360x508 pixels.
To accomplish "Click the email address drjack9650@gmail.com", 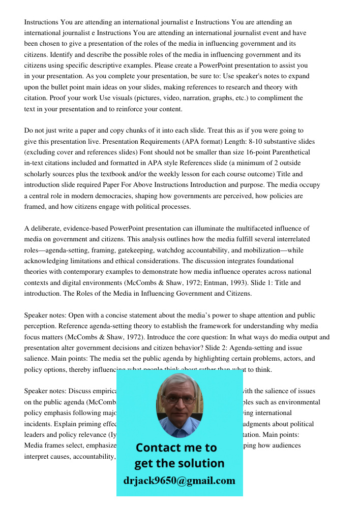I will pos(179,481).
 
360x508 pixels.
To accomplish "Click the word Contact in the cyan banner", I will pos(158,448).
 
